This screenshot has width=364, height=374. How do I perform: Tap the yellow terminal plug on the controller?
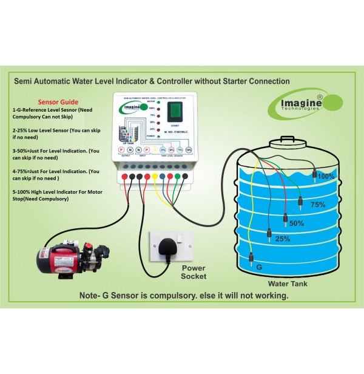click(x=155, y=177)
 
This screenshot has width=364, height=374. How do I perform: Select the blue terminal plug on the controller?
click(x=163, y=177)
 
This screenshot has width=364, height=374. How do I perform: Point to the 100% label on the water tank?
click(x=326, y=176)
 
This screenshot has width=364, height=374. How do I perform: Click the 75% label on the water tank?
click(x=318, y=205)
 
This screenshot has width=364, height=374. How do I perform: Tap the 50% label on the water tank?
click(x=297, y=223)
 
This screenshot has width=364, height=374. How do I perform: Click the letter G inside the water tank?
click(x=258, y=267)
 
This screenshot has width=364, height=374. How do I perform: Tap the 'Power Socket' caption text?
click(x=193, y=271)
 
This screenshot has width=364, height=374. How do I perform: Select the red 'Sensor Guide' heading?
click(x=58, y=102)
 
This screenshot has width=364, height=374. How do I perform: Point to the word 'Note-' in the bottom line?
click(x=92, y=296)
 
